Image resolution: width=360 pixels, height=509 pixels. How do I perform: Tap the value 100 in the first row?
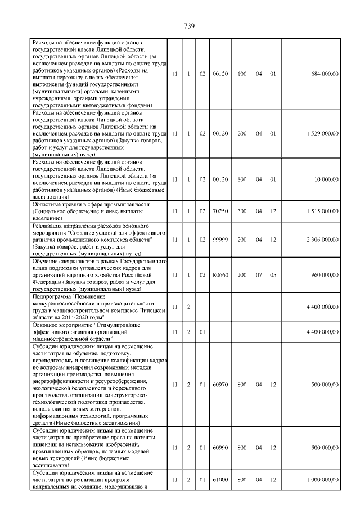[x=242, y=74]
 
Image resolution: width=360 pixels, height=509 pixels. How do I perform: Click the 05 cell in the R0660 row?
[x=273, y=276]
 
